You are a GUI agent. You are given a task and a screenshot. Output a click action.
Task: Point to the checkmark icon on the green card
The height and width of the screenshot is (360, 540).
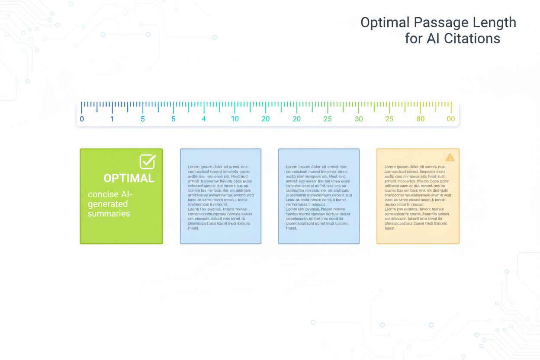[147, 161]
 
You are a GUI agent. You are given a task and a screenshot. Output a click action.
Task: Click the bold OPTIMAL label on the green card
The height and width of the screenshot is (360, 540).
[129, 178]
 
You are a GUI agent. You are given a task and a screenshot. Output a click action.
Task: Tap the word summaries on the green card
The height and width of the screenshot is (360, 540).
[109, 213]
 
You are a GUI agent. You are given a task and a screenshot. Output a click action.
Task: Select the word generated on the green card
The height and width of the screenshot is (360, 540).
[108, 204]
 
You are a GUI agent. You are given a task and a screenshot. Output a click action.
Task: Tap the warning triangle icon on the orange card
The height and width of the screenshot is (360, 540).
[450, 157]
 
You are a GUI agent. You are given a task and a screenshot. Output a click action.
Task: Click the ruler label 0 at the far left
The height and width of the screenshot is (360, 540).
[82, 119]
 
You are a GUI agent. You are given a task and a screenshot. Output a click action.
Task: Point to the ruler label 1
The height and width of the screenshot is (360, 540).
[112, 119]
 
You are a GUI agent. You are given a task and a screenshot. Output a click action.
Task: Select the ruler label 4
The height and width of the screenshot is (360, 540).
[204, 119]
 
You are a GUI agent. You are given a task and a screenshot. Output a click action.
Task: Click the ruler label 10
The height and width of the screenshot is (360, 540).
[235, 119]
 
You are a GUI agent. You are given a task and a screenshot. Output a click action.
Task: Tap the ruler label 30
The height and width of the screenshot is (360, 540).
[359, 119]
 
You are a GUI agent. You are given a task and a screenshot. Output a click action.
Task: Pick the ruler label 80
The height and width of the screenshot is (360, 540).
[420, 119]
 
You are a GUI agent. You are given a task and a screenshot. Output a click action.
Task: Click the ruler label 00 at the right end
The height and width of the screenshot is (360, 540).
[450, 119]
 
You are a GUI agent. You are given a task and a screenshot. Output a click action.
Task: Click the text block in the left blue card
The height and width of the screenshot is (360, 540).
[220, 197]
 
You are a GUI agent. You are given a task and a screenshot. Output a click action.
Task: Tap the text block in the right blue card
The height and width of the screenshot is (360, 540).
[318, 197]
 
